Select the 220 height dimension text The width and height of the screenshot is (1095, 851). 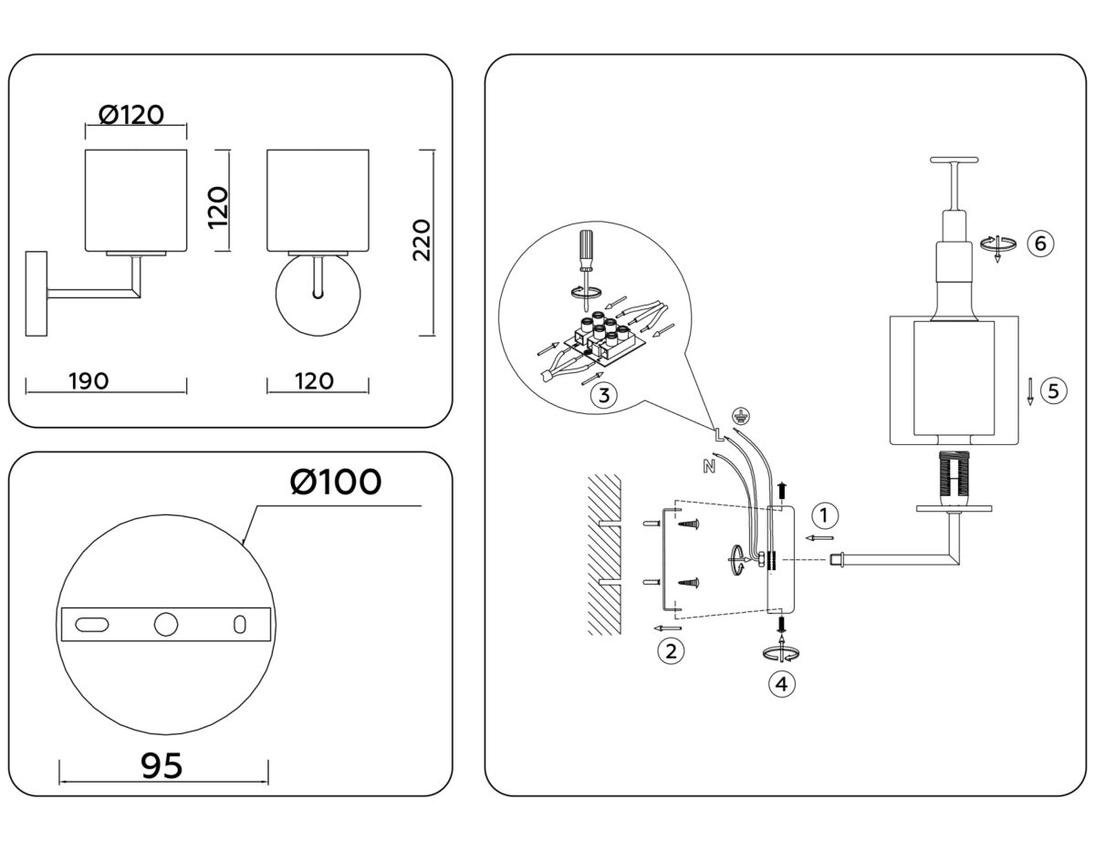point(422,240)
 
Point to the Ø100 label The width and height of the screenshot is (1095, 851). point(335,482)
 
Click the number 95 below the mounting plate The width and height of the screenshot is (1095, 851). point(162,765)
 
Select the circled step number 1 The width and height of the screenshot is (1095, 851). point(824,515)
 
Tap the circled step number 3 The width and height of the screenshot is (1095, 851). point(603,394)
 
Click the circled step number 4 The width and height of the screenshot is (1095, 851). point(780,682)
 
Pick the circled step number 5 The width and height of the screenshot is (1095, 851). point(1052,391)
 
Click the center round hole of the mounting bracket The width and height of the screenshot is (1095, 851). point(166,624)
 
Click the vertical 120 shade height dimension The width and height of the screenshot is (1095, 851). point(218,202)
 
